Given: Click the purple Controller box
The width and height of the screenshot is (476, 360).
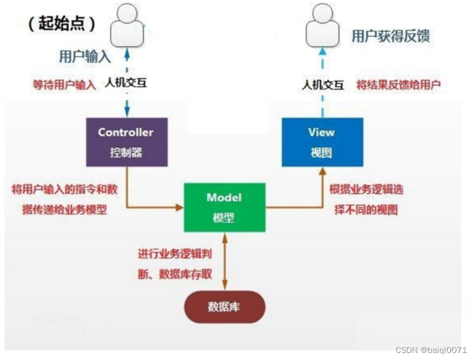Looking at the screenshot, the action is tap(127, 142).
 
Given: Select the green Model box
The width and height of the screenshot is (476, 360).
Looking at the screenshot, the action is tap(225, 208).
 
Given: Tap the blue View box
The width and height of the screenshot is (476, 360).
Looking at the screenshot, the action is tap(322, 142).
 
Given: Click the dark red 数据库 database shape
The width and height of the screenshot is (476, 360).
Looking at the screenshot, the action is tap(225, 306).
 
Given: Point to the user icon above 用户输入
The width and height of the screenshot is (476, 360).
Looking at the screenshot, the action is tap(127, 25).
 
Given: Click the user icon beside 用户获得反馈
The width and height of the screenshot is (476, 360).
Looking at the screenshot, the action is tap(322, 25).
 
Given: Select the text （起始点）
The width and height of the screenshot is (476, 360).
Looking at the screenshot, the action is tap(62, 23).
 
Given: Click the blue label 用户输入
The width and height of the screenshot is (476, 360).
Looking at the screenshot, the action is tap(85, 56).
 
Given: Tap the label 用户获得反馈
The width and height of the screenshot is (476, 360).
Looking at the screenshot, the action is tap(390, 36).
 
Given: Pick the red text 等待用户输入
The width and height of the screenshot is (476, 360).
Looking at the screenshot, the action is tap(65, 85).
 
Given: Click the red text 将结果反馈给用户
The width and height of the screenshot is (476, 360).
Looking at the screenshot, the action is tap(398, 85).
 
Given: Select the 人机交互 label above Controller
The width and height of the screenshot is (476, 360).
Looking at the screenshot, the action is tap(126, 83).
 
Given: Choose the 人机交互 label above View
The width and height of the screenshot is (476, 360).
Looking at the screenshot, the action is tap(323, 85).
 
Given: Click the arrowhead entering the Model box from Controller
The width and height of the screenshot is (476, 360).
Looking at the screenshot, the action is tap(180, 208).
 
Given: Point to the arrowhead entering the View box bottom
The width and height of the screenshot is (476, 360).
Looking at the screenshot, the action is tap(323, 171).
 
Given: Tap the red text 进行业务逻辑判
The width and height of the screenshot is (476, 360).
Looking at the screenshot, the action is tap(175, 254).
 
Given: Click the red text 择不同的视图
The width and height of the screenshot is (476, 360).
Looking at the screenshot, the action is tap(366, 209).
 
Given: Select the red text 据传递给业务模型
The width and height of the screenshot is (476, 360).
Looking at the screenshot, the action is tap(65, 209).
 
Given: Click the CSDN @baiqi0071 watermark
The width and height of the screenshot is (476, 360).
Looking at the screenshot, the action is tap(431, 350).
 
